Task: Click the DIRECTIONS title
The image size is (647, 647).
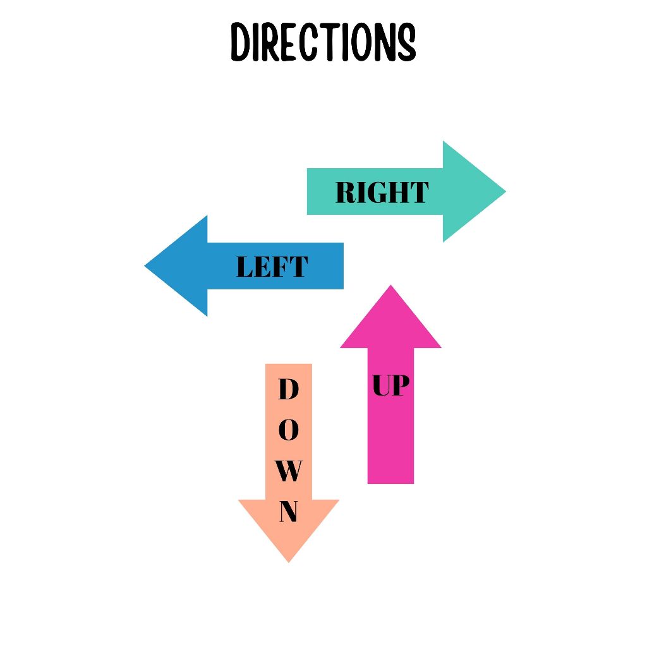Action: pyautogui.click(x=323, y=42)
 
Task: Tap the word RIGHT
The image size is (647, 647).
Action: pyautogui.click(x=382, y=192)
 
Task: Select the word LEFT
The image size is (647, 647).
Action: pyautogui.click(x=272, y=267)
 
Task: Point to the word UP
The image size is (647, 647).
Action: pyautogui.click(x=390, y=385)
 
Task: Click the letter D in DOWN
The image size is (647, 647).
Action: pyautogui.click(x=288, y=390)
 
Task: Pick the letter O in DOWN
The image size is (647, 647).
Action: pyautogui.click(x=288, y=431)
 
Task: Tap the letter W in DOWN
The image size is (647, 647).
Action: pyautogui.click(x=288, y=471)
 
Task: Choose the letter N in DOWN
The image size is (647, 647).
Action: pyautogui.click(x=288, y=512)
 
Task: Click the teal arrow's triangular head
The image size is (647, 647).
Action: pyautogui.click(x=471, y=191)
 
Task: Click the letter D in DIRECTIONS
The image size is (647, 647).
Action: pyautogui.click(x=239, y=42)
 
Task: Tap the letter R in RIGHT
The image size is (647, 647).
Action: pyautogui.click(x=345, y=192)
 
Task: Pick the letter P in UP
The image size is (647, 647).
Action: pyautogui.click(x=400, y=385)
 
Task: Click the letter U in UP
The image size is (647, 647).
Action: pyautogui.click(x=381, y=385)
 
